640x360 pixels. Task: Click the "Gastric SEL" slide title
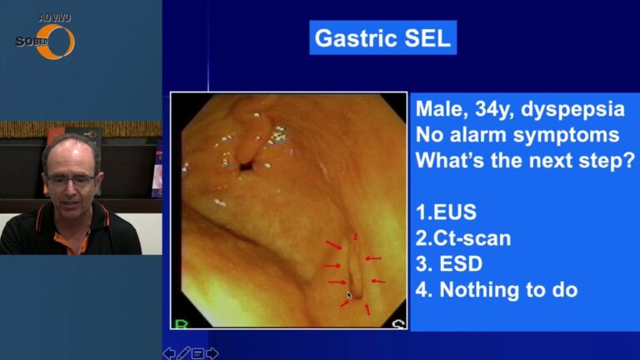pyautogui.click(x=382, y=38)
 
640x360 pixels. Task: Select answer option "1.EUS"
pyautogui.click(x=446, y=212)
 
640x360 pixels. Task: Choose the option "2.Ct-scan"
pyautogui.click(x=463, y=238)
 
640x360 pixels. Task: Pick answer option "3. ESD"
pyautogui.click(x=449, y=263)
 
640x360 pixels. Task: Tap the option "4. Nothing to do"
pyautogui.click(x=497, y=289)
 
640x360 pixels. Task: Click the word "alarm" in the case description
pyautogui.click(x=476, y=135)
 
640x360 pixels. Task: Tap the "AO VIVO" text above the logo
pyautogui.click(x=55, y=18)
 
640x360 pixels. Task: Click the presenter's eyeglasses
pyautogui.click(x=71, y=180)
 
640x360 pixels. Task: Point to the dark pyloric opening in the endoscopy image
pyautogui.click(x=247, y=166)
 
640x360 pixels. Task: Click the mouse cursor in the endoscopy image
pyautogui.click(x=349, y=296)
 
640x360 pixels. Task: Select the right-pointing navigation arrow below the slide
pyautogui.click(x=212, y=353)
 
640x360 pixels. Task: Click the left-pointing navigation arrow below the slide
pyautogui.click(x=169, y=353)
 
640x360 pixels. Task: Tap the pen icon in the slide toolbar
pyautogui.click(x=183, y=353)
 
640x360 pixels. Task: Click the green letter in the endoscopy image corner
pyautogui.click(x=181, y=324)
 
